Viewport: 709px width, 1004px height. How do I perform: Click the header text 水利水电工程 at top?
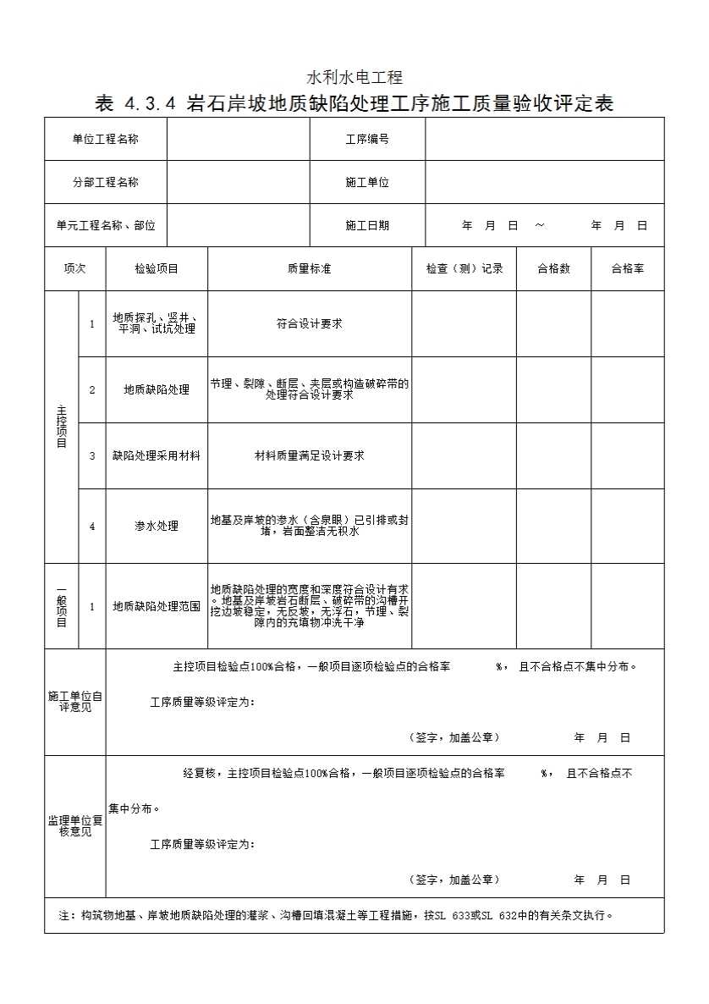[x=354, y=79]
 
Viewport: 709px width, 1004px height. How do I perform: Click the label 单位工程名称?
[x=105, y=139]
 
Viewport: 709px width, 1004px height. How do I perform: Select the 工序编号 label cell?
[x=367, y=139]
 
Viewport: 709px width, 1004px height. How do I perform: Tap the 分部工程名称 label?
[x=105, y=182]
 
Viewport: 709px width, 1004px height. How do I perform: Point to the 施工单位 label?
[x=367, y=182]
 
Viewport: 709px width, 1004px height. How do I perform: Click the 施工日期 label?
[x=367, y=225]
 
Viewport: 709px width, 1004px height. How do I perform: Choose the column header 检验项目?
[x=157, y=268]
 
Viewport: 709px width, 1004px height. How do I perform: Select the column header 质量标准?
[x=309, y=268]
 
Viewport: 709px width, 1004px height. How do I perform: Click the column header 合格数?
[x=553, y=268]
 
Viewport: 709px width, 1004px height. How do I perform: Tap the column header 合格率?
[x=627, y=268]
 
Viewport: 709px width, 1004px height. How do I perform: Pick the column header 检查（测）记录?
[x=464, y=268]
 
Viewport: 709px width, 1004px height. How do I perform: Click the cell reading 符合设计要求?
[x=309, y=323]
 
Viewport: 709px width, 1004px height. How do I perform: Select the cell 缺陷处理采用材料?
[x=157, y=455]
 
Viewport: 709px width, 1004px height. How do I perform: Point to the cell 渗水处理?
[x=157, y=526]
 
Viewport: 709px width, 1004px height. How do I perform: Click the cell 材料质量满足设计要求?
[x=309, y=455]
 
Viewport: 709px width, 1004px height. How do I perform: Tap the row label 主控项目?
[x=61, y=427]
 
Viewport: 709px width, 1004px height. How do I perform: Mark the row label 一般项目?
[x=61, y=606]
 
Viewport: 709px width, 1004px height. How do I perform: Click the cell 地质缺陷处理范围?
[x=157, y=606]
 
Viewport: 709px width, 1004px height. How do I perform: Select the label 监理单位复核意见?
[x=74, y=825]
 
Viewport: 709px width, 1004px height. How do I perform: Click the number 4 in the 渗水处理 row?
[x=92, y=526]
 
